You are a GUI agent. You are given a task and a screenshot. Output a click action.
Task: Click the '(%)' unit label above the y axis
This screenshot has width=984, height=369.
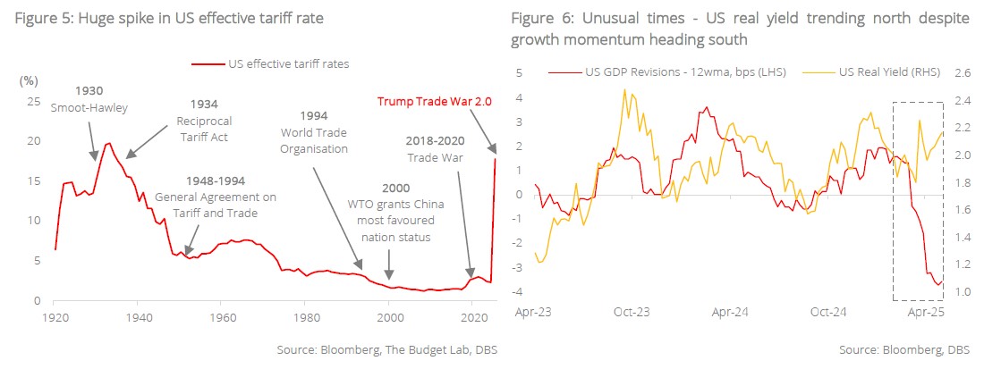click(x=28, y=80)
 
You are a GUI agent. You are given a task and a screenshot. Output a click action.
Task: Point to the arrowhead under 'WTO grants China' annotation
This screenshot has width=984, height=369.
click(x=389, y=277)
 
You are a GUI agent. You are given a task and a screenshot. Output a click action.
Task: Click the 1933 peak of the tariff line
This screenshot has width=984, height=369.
click(x=109, y=143)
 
